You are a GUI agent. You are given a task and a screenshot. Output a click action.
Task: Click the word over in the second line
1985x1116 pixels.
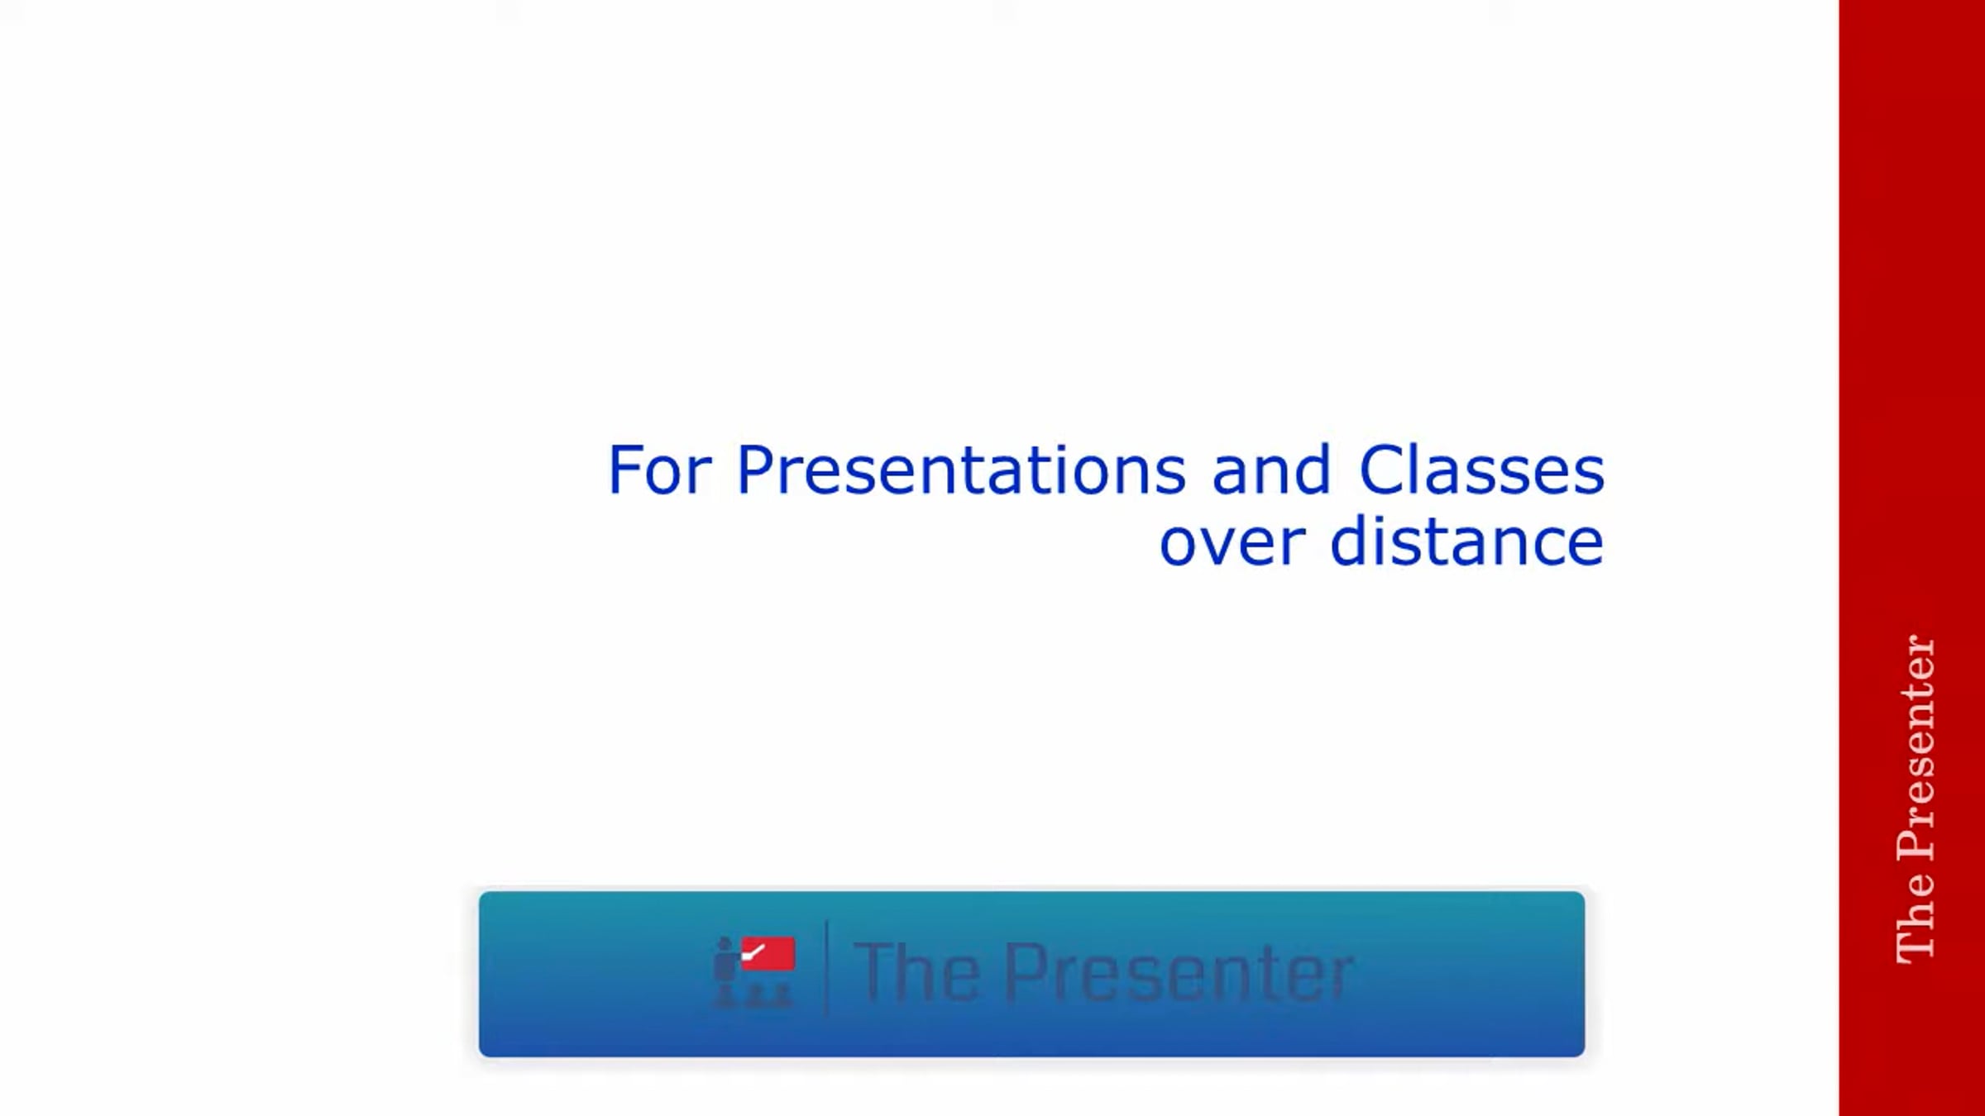coord(1232,542)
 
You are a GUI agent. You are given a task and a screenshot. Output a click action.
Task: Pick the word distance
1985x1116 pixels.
coord(1466,541)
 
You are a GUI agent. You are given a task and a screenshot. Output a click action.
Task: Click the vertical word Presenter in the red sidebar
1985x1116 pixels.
coord(1916,747)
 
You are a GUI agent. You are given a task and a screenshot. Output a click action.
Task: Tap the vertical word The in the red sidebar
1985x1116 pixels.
coord(1916,918)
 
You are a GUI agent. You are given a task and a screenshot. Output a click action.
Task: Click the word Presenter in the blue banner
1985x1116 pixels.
coord(1179,973)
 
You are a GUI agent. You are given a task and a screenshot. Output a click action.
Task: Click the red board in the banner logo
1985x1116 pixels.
coord(768,953)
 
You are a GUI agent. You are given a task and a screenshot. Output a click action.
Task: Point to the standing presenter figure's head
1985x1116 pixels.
coord(725,944)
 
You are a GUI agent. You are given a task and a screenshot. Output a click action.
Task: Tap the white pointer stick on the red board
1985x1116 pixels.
coord(753,954)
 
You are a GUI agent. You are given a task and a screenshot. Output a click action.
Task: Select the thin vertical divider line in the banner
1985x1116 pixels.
coord(826,970)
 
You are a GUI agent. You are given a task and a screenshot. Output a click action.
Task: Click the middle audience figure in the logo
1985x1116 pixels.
coord(754,996)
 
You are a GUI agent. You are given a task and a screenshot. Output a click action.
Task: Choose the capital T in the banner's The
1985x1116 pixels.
coord(873,973)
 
